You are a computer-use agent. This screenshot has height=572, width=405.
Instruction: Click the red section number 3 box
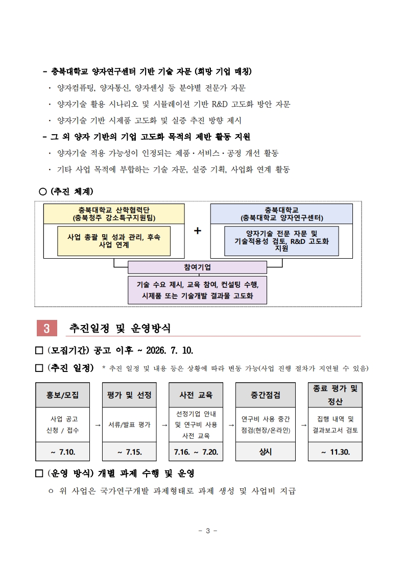pos(47,328)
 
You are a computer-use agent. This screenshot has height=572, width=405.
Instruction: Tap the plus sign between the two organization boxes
pos(198,231)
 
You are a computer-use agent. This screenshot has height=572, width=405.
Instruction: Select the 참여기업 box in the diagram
pos(197,267)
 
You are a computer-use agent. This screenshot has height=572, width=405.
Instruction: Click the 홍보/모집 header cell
pos(62,395)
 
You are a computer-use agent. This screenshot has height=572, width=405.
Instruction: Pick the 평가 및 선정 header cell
pos(129,395)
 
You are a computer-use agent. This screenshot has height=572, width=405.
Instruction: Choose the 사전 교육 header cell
pos(196,395)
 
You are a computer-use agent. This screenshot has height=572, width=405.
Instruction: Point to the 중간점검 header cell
pos(266,395)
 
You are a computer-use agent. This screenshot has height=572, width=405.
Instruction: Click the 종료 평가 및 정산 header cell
pos(335,395)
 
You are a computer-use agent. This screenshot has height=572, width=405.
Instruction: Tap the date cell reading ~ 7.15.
pos(129,452)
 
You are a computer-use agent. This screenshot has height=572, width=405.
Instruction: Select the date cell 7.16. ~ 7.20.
pos(196,452)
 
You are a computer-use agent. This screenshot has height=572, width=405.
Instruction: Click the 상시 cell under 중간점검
pos(266,452)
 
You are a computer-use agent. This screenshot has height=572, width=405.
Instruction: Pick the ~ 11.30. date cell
pos(335,452)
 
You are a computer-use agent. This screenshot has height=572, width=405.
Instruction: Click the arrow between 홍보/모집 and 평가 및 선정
pos(98,425)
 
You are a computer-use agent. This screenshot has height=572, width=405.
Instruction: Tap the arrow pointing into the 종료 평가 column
pos(303,425)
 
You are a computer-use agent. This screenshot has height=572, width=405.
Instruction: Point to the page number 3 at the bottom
pos(208,531)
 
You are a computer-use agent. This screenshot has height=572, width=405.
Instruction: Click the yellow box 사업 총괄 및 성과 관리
pos(114,241)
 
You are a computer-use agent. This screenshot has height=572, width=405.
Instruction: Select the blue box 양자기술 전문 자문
pos(281,241)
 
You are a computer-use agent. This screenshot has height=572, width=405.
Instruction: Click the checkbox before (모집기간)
pos(39,351)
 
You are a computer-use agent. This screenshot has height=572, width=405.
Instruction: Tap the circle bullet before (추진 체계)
pos(43,191)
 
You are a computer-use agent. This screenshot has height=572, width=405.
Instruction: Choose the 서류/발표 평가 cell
pos(129,425)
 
